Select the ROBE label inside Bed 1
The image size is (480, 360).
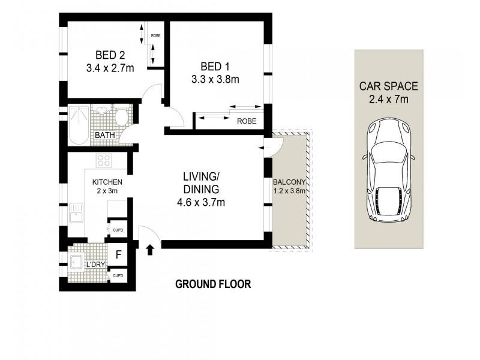tap(246, 121)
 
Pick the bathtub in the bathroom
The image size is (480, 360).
tap(78, 125)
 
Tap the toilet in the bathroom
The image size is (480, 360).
tap(122, 116)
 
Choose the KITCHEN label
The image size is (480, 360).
tap(107, 182)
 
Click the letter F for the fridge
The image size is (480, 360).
tap(118, 254)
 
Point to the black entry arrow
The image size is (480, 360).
tap(149, 248)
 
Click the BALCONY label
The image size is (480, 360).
tap(287, 182)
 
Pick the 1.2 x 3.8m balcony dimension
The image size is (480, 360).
tap(289, 191)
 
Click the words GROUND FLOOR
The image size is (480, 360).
tap(213, 284)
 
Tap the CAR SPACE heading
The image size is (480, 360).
tap(389, 86)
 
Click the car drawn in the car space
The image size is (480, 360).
tap(389, 171)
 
